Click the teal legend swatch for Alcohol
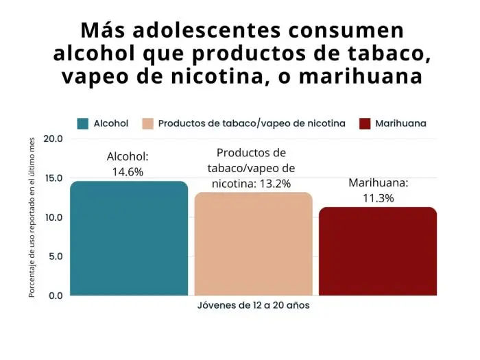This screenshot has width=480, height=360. [83, 123]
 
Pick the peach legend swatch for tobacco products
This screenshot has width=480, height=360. [147, 123]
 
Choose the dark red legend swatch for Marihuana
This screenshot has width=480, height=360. [364, 123]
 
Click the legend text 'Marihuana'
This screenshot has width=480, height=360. [401, 123]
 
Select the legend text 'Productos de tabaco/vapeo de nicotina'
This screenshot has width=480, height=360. [252, 123]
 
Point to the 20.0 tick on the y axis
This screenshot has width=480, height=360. [53, 139]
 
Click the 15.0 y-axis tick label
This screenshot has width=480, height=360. [53, 178]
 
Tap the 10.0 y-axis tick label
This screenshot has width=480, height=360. [53, 217]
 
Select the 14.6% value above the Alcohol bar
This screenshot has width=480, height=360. [128, 171]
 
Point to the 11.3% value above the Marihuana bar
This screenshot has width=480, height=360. [379, 198]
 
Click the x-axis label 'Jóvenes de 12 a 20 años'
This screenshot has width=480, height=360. [253, 306]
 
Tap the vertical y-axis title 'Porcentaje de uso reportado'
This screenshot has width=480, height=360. [32, 217]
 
